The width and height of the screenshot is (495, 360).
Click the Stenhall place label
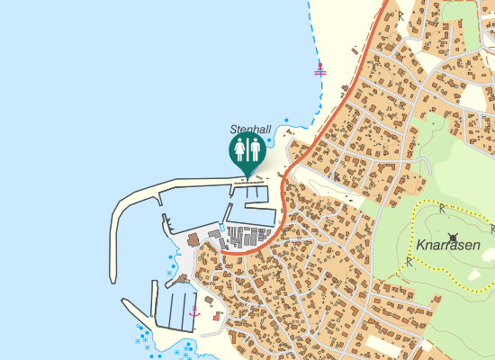tap(250, 130)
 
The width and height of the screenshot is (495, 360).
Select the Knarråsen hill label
tap(448, 244)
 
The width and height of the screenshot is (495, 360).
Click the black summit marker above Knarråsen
tap(452, 225)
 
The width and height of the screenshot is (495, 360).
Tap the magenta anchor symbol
tap(193, 310)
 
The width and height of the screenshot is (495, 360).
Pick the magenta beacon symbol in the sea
tap(319, 68)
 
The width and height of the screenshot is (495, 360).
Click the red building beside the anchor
tap(217, 316)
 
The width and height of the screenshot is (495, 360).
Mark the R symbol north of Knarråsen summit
tap(443, 208)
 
